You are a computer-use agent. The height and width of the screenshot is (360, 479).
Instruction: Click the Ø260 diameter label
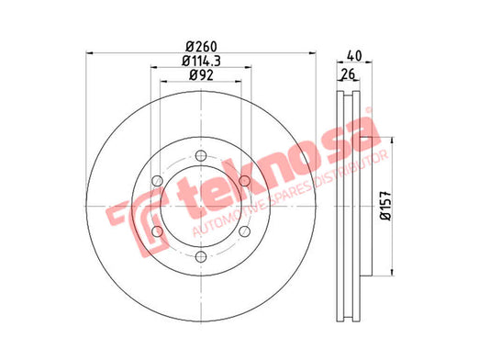tap(201, 47)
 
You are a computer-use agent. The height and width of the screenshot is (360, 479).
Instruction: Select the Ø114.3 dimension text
tap(201, 61)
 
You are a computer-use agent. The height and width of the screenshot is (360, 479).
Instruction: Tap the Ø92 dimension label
tap(201, 75)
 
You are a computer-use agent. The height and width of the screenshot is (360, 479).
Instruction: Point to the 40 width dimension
tap(354, 56)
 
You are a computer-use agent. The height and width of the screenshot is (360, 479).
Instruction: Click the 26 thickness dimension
tap(348, 74)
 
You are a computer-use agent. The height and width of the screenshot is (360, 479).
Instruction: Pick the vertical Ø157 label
tap(386, 206)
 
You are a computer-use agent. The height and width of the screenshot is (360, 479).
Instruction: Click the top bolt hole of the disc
tap(201, 156)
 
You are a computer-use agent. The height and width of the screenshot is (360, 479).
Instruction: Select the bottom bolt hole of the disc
tap(201, 256)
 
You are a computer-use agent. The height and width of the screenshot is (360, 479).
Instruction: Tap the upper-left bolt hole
tap(157, 181)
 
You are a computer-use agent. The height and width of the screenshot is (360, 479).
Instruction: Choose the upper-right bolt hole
tap(244, 181)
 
